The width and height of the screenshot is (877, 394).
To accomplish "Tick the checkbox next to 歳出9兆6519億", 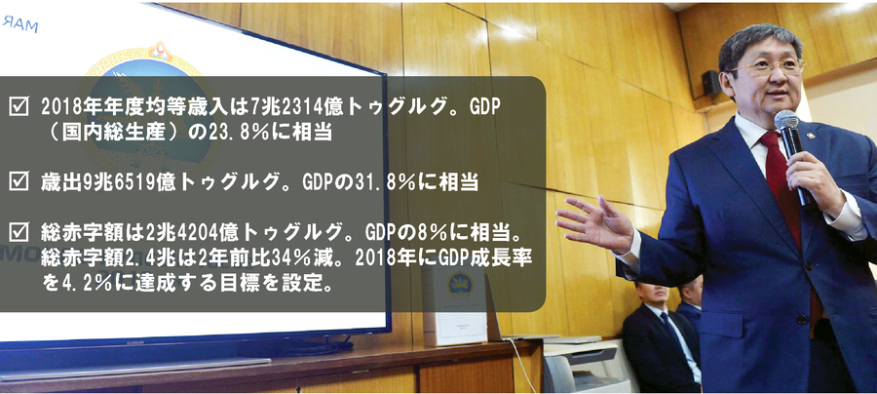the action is click(x=19, y=181).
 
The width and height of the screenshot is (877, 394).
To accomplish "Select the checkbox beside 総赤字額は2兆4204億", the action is click(x=19, y=231).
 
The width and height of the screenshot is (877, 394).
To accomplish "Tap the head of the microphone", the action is click(x=785, y=121).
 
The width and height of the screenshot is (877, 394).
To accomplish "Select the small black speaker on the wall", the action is click(x=711, y=83).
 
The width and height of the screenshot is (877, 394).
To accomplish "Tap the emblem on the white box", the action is click(x=461, y=285).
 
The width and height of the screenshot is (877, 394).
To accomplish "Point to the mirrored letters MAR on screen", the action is click(x=19, y=23).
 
